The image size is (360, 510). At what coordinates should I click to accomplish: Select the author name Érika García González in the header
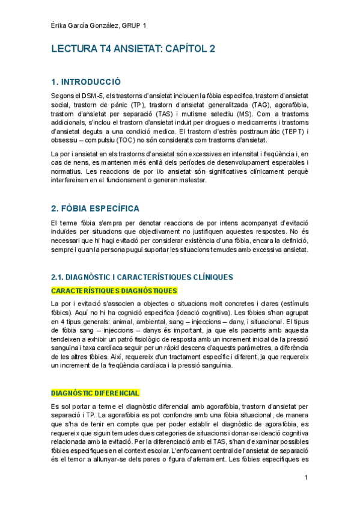coord(84,25)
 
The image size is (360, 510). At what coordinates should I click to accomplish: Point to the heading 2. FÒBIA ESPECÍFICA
coord(95,208)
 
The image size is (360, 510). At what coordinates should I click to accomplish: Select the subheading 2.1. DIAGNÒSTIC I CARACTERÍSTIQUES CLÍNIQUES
coord(142,277)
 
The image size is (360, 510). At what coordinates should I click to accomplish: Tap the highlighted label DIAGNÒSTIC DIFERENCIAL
coord(96,393)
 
